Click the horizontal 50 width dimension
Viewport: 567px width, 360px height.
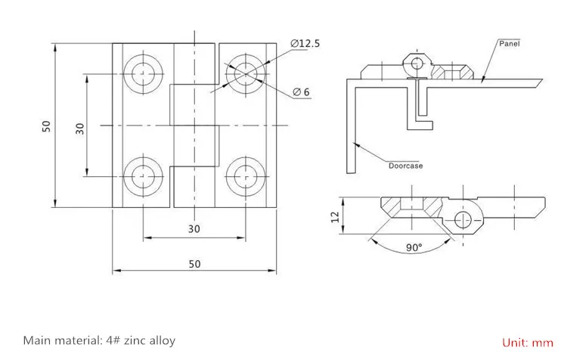click(194, 263)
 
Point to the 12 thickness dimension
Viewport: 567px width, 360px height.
click(334, 218)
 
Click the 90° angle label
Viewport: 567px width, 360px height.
click(414, 248)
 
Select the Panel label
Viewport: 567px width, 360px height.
click(510, 44)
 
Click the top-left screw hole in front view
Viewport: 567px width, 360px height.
click(142, 74)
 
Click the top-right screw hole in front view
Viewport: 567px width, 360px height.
click(245, 74)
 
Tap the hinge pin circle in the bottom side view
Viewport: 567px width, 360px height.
click(463, 220)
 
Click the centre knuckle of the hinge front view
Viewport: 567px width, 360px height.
click(194, 126)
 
